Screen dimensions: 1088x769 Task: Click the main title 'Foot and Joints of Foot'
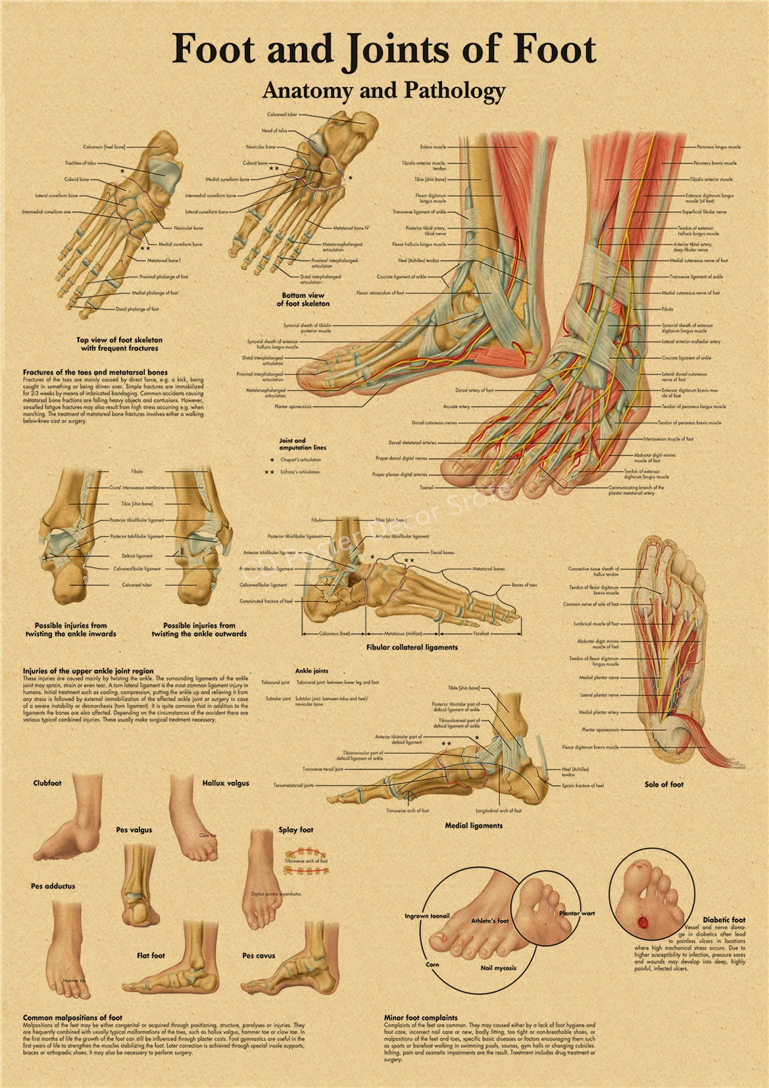click(384, 50)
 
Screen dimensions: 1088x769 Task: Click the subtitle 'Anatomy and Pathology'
click(384, 91)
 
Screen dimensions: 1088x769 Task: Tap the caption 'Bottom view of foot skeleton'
click(303, 299)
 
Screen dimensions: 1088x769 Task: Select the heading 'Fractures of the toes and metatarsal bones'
click(95, 373)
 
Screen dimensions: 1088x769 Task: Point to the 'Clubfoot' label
click(47, 783)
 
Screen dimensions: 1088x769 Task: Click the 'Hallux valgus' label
click(226, 783)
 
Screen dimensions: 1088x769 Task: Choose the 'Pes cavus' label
click(259, 956)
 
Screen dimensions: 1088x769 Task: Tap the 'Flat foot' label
click(151, 956)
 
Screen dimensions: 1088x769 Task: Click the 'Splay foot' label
click(296, 830)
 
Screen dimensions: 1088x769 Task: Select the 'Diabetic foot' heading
click(724, 920)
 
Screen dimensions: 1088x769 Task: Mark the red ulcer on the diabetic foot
click(643, 923)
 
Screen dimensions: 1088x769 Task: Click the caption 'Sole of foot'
click(664, 785)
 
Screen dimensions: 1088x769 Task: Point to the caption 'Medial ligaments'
click(474, 825)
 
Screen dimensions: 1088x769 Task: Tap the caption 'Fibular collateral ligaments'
click(412, 648)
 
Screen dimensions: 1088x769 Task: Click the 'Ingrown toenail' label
click(427, 916)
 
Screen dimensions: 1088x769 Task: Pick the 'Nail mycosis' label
click(498, 968)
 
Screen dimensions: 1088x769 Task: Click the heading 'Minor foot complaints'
click(421, 1018)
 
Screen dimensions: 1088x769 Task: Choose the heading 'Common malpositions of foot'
click(72, 1018)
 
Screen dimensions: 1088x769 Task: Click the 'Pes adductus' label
click(53, 887)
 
